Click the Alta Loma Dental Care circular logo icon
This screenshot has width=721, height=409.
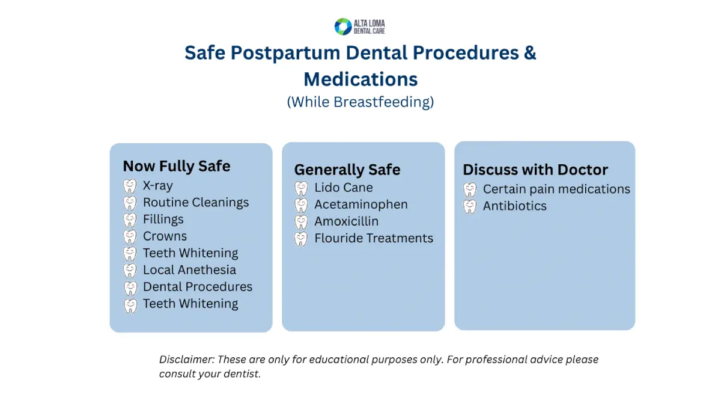click(x=343, y=26)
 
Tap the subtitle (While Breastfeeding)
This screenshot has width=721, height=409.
click(x=360, y=102)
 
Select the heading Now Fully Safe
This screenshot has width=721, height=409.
click(x=176, y=167)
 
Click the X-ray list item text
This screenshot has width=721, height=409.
click(x=157, y=186)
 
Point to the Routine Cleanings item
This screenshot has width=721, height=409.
click(x=195, y=203)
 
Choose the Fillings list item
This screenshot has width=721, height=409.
click(x=163, y=220)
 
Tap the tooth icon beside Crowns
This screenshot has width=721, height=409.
click(x=130, y=236)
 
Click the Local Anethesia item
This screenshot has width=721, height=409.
click(x=189, y=270)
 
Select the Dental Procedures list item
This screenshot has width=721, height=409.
click(x=197, y=287)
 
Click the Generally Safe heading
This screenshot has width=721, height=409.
click(x=347, y=170)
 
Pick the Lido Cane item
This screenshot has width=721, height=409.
click(x=343, y=188)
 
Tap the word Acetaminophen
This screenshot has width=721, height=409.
click(x=360, y=204)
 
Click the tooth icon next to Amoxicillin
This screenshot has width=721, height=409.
click(x=301, y=222)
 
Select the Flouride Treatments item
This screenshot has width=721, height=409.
click(x=373, y=238)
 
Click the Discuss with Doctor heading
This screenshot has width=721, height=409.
click(x=535, y=170)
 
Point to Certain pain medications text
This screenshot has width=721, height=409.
click(x=556, y=189)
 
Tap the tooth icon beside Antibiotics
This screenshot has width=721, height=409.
click(x=470, y=206)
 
